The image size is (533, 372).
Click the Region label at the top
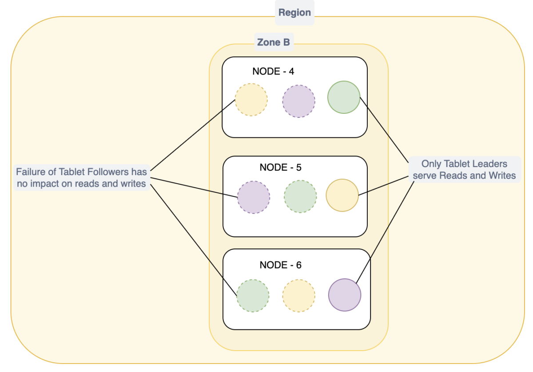coord(295,12)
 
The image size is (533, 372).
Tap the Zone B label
coord(273,42)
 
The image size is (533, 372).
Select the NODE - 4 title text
coord(273,71)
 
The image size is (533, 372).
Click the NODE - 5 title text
coord(280,168)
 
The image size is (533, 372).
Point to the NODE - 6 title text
coord(280,265)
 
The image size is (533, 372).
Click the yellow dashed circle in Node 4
coord(251,100)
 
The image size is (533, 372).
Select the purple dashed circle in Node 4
coord(298,101)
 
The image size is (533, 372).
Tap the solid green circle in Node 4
coord(343,97)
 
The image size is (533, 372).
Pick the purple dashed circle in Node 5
coord(253,197)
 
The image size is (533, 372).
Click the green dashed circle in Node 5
coord(300,196)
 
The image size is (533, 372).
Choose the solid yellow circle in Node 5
coord(342,195)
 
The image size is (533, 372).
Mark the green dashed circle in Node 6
coord(252,296)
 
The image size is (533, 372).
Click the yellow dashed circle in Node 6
coord(298,296)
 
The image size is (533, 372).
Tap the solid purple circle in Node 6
coord(344,295)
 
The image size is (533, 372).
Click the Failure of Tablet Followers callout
coord(82,177)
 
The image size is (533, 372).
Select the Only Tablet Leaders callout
coord(464,169)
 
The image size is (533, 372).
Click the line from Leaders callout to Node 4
coord(384,129)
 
